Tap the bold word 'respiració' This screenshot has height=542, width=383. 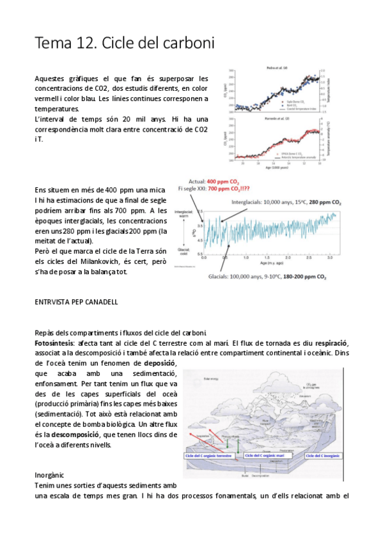pyautogui.click(x=331, y=343)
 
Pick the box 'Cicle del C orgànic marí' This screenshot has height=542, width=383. pyautogui.click(x=270, y=456)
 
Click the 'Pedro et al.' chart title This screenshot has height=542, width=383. pyautogui.click(x=277, y=68)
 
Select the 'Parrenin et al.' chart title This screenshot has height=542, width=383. pyautogui.click(x=277, y=119)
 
